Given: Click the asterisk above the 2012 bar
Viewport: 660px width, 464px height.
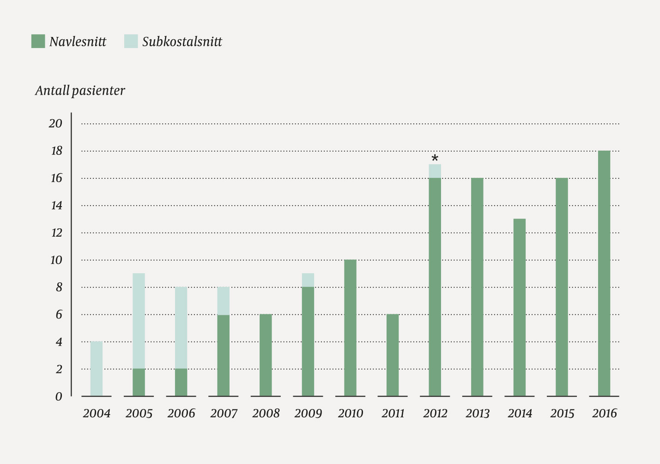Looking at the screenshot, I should click(435, 158).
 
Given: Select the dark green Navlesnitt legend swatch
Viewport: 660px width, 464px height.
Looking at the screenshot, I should click(38, 41).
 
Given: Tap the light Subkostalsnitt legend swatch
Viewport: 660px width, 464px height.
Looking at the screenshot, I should click(131, 41).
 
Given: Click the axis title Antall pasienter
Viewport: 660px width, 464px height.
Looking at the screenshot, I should click(80, 91).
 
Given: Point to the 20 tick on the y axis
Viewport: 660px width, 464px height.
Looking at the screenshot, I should click(55, 123).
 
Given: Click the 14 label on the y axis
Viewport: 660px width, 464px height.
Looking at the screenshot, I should click(56, 205).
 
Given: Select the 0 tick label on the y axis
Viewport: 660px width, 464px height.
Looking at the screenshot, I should click(59, 397).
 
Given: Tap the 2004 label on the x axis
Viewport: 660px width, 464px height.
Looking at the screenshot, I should click(97, 413).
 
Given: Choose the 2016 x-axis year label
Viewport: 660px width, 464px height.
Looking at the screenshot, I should click(604, 413).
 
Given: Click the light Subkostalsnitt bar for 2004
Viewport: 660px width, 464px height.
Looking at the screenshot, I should click(97, 369).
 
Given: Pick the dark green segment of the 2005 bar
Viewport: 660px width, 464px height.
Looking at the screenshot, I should click(139, 382).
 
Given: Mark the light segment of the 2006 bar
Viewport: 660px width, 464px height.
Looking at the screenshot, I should click(181, 328).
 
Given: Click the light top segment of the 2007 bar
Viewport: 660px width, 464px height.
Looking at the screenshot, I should click(224, 300).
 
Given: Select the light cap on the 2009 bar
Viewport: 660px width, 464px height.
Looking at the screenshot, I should click(308, 280).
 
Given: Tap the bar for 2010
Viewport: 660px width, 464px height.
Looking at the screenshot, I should click(350, 328).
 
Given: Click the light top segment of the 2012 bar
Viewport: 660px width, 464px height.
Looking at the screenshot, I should click(435, 171).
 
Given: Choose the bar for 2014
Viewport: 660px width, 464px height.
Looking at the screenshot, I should click(520, 307).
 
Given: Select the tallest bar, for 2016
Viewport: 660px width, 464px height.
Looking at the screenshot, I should click(604, 273).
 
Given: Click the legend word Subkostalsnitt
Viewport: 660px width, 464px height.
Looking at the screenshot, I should click(182, 42).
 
